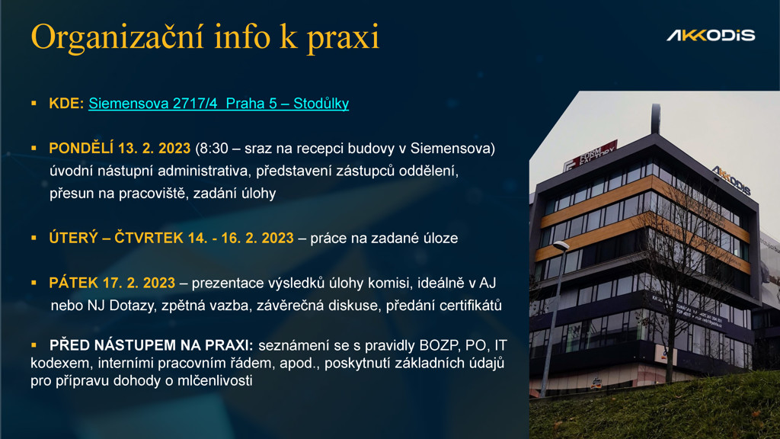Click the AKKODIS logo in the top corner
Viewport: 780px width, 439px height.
[711, 35]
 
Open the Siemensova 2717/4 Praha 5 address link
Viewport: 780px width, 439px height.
[219, 104]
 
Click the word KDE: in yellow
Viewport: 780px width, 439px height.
[66, 103]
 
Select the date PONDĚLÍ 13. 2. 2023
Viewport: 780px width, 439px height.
[120, 149]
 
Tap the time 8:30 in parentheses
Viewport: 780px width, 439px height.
[214, 149]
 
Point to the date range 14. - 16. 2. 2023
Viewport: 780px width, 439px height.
[241, 238]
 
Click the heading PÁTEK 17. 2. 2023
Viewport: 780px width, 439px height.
[112, 283]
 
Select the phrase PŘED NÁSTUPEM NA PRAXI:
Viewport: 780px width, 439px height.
[152, 345]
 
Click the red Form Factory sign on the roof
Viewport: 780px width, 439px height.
[591, 155]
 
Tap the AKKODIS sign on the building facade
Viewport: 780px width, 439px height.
[731, 180]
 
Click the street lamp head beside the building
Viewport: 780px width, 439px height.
[561, 245]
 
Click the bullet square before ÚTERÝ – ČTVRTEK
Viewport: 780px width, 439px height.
[34, 238]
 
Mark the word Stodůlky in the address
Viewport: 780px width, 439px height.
[321, 104]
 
